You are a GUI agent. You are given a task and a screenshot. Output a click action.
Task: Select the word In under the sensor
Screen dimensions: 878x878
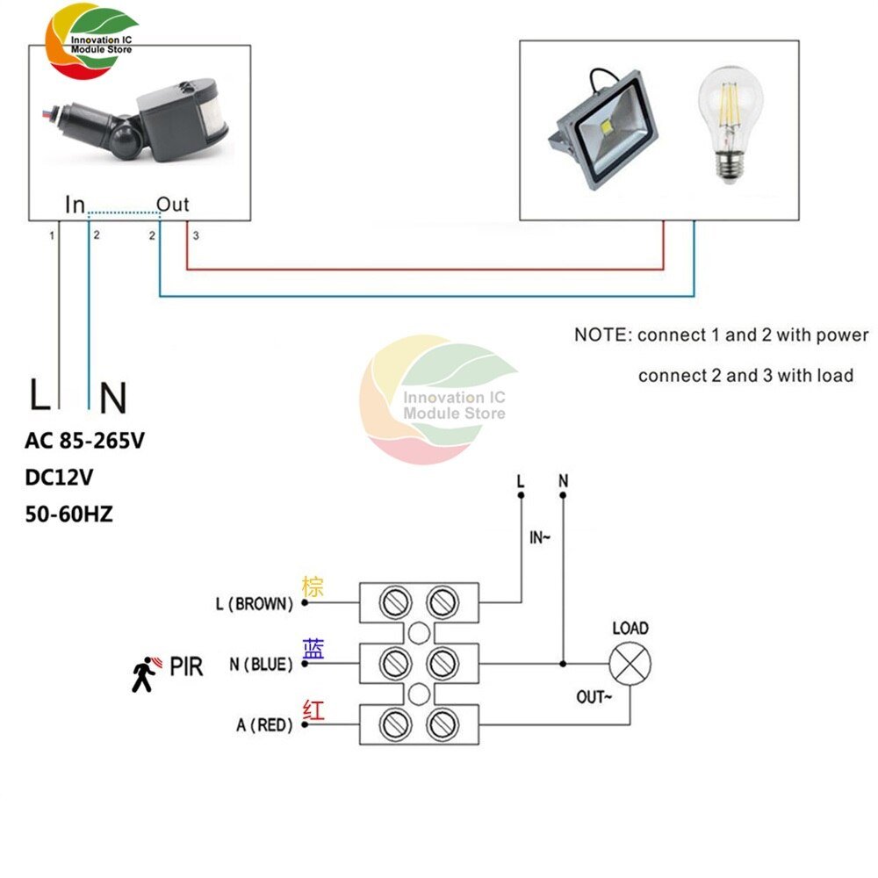76,205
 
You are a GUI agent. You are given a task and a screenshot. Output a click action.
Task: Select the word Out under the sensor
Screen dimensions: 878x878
172,205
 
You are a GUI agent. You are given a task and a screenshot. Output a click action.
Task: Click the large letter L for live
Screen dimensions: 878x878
40,396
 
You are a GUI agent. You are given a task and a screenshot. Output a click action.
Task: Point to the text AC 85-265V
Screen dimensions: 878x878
84,443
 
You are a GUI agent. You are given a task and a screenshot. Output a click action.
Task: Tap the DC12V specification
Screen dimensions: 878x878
61,479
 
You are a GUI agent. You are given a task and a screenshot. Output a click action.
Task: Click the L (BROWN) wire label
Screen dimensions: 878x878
253,604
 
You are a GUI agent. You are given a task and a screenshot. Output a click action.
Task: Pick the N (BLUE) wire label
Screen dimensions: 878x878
261,665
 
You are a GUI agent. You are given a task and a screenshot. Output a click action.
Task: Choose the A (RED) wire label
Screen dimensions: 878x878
264,725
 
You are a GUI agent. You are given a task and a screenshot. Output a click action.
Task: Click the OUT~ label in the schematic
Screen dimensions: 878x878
592,697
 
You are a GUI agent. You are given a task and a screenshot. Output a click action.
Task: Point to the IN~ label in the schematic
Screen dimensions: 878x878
539,538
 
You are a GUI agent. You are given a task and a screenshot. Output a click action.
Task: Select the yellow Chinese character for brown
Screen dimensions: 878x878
313,587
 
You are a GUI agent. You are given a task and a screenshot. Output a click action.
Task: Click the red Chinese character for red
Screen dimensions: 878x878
313,709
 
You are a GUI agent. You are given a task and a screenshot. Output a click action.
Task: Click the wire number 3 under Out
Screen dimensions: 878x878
196,236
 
